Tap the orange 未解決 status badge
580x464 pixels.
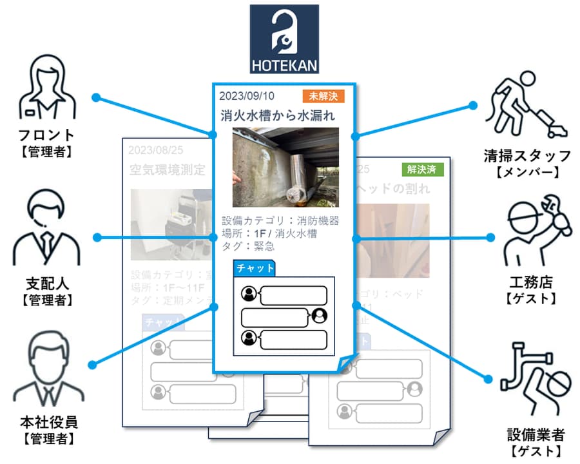click(323, 97)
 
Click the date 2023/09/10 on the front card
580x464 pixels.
click(247, 97)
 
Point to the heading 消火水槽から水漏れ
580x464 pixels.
click(278, 116)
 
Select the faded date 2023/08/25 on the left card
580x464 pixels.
click(156, 150)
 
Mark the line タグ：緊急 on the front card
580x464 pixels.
click(248, 246)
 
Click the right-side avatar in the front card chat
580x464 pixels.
click(319, 316)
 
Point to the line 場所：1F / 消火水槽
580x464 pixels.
click(269, 234)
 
